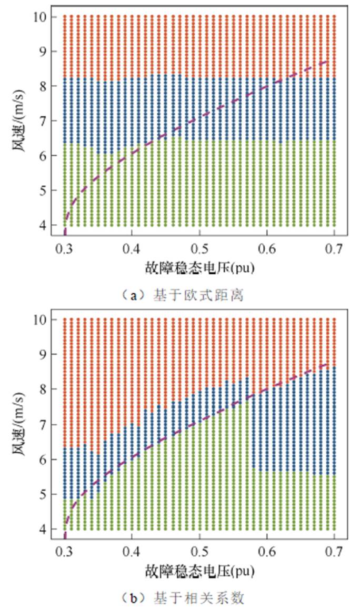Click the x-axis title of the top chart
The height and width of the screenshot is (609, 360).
[199, 267]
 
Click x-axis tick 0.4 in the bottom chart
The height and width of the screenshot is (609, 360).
[132, 551]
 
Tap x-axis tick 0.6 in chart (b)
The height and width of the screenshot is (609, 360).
[267, 551]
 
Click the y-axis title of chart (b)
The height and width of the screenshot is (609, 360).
[21, 424]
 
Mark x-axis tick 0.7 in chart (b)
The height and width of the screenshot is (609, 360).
[334, 551]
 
